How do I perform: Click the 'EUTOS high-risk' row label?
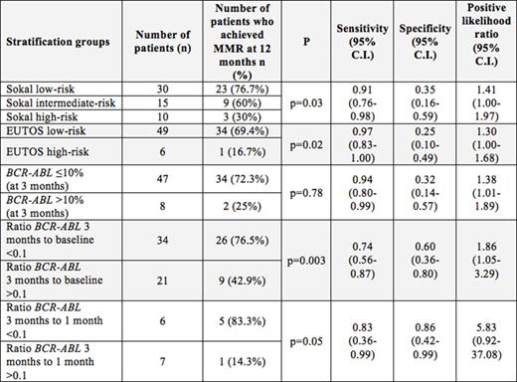tap(46, 153)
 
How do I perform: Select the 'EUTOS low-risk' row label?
tap(45, 133)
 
